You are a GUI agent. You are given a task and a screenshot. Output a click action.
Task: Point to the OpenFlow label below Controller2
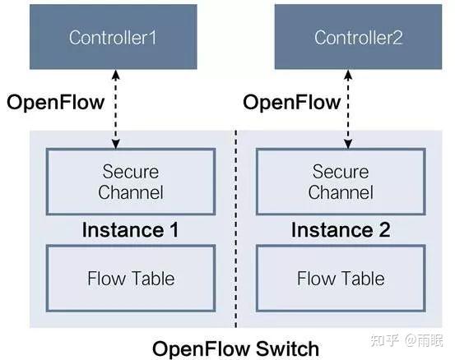click(291, 102)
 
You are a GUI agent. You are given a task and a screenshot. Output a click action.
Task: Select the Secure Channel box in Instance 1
click(131, 182)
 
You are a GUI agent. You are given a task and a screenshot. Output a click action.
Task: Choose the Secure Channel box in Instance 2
click(340, 182)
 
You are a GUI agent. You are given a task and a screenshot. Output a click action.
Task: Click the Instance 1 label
click(130, 230)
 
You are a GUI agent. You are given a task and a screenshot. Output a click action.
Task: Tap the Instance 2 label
click(340, 230)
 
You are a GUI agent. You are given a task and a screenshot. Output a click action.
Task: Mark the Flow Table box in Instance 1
click(131, 279)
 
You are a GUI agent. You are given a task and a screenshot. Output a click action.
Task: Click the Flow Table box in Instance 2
click(340, 279)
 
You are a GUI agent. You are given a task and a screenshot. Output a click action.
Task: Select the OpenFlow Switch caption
click(235, 348)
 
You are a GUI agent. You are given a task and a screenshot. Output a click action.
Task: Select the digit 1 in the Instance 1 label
click(173, 230)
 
